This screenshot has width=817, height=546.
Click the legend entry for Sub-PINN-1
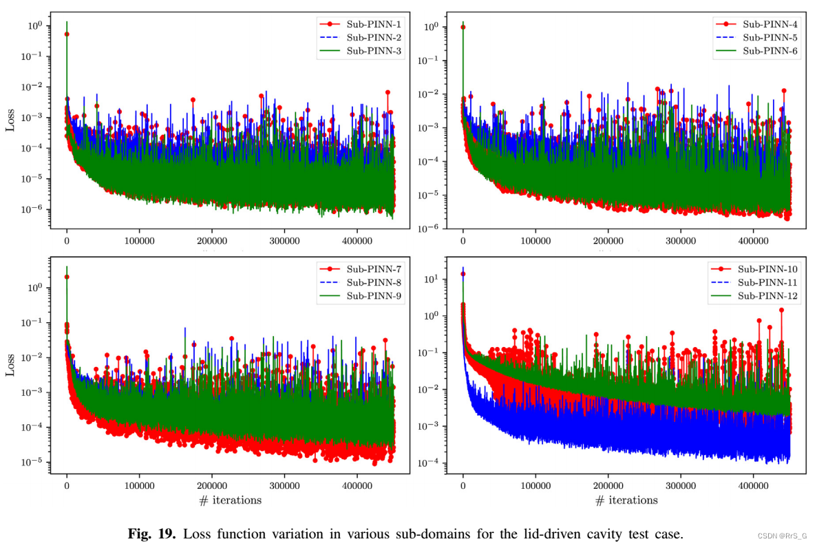point(374,23)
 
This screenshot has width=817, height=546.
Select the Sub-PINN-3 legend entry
point(374,51)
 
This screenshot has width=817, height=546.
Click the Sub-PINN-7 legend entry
point(374,269)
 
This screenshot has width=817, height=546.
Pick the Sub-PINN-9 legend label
point(374,296)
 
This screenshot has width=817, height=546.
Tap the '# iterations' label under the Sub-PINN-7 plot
point(230,501)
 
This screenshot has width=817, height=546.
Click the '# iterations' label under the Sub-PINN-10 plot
point(626,501)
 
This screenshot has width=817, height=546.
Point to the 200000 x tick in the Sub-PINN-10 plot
point(608,485)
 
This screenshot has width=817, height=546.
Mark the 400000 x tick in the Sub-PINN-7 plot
point(357,485)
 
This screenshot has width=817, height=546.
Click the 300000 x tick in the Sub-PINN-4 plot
point(680,240)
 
